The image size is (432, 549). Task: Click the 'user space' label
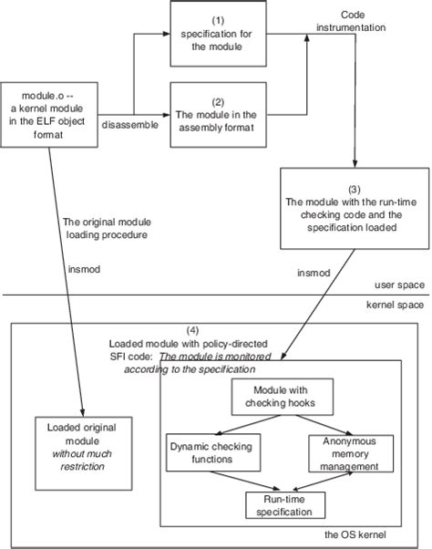click(x=398, y=285)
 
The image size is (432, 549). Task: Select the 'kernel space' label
click(x=395, y=304)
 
